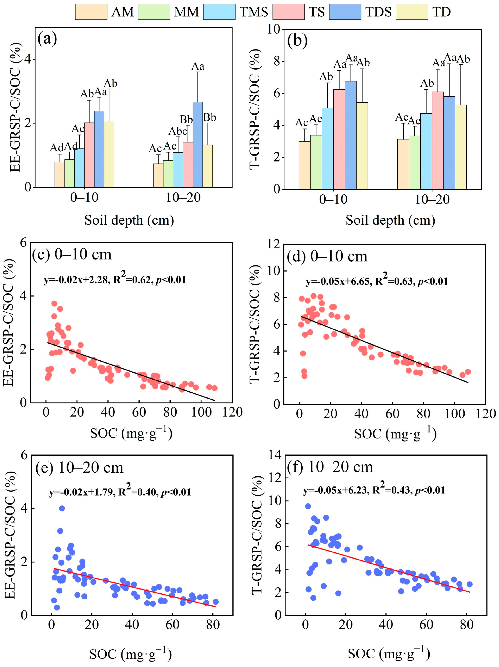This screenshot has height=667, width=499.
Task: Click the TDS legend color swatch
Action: point(345,12)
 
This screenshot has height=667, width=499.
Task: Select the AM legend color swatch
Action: point(91,12)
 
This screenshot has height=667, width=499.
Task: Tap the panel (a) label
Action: point(47,40)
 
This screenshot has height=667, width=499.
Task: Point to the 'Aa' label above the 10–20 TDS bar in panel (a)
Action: point(198,66)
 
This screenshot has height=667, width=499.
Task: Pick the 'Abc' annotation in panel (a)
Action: point(178,131)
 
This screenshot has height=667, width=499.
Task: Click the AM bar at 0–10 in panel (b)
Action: point(304,165)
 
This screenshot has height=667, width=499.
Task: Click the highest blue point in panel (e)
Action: point(62,508)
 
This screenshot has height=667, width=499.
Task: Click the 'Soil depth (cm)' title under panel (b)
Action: point(390,220)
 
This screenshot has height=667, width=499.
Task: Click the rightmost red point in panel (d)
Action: point(468,372)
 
